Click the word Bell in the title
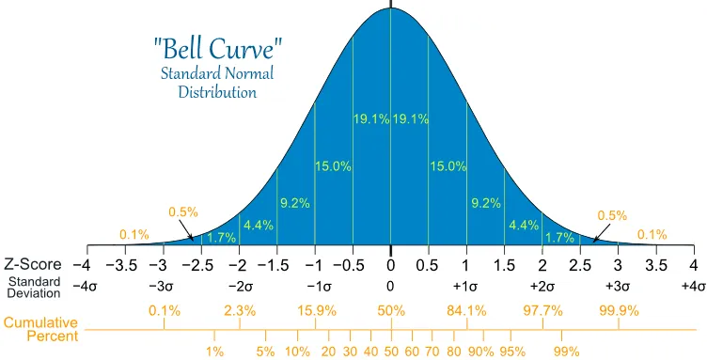coord(185,49)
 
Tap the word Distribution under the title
coord(217,92)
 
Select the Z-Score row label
coord(33,264)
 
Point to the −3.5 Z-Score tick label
coord(121,265)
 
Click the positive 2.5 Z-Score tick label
coord(580,265)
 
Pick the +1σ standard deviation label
coord(465,287)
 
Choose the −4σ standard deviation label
coord(85,287)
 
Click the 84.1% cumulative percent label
coord(466,310)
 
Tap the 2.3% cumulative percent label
coord(240,310)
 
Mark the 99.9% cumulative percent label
coord(619,310)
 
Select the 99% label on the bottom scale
coord(566,352)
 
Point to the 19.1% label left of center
coord(371,119)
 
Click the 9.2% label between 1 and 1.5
coord(486,203)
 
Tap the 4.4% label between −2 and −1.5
coord(259,225)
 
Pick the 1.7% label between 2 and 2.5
coord(560,238)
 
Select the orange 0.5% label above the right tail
coord(612,215)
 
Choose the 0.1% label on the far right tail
coord(652,234)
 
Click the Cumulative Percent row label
coord(41,329)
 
